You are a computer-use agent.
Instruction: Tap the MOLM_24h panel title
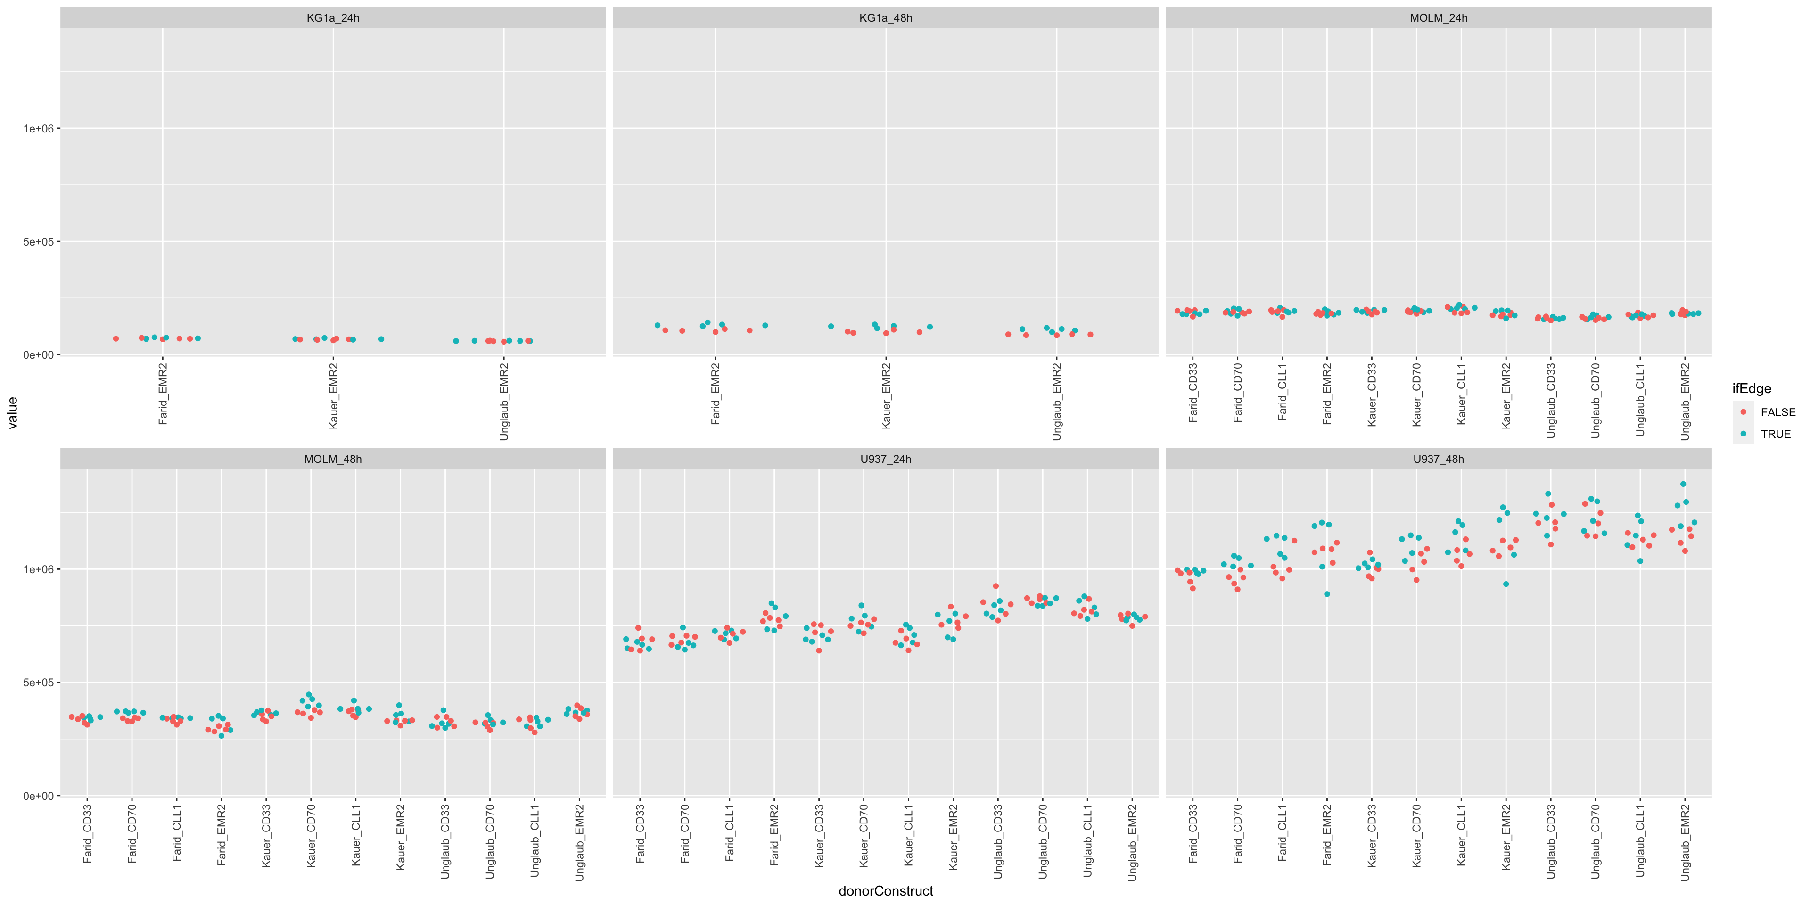click(1438, 17)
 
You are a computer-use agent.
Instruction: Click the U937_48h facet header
click(1438, 459)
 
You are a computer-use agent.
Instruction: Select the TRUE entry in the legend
click(1775, 434)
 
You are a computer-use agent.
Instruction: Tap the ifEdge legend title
click(1751, 388)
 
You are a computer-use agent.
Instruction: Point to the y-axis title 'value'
click(12, 412)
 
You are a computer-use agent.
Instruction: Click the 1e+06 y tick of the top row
click(39, 129)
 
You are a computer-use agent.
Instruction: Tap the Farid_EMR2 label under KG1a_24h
click(163, 394)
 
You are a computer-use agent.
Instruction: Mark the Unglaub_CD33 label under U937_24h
click(998, 841)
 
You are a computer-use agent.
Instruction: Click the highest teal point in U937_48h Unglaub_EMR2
click(1683, 484)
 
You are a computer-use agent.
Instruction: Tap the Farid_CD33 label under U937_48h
click(1193, 834)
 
